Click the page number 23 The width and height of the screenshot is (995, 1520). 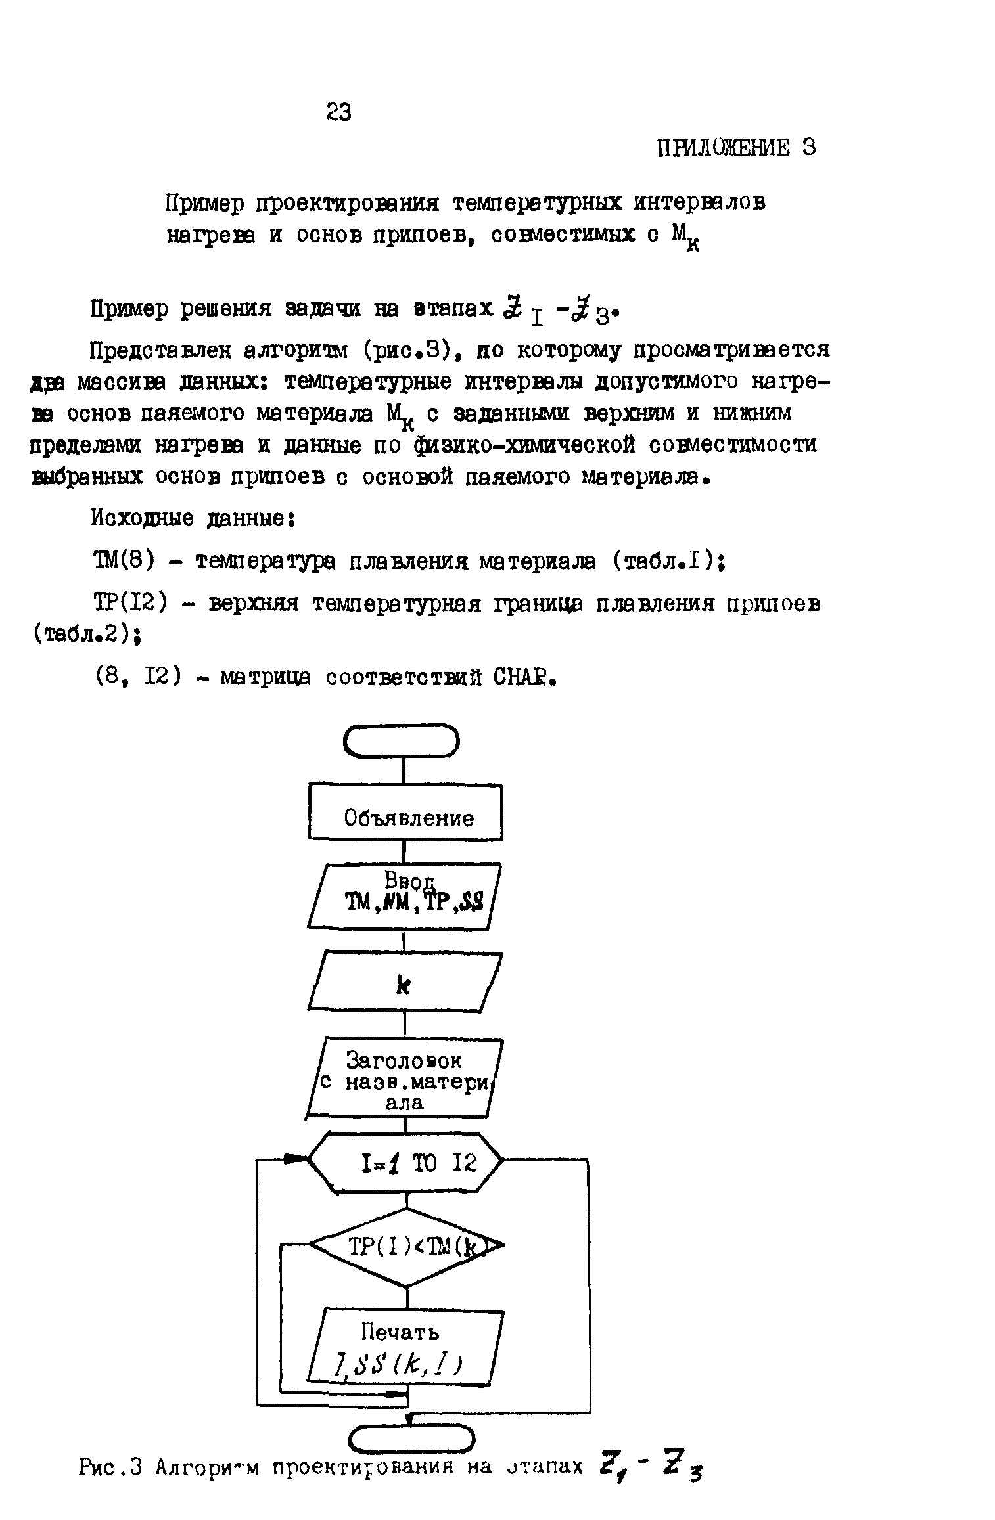[x=338, y=113]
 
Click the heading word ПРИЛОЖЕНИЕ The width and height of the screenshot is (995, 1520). [x=724, y=148]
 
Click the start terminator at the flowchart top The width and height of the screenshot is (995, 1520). [x=402, y=742]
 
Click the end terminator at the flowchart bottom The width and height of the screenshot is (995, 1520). [x=411, y=1439]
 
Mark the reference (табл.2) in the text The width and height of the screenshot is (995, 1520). [x=85, y=635]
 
